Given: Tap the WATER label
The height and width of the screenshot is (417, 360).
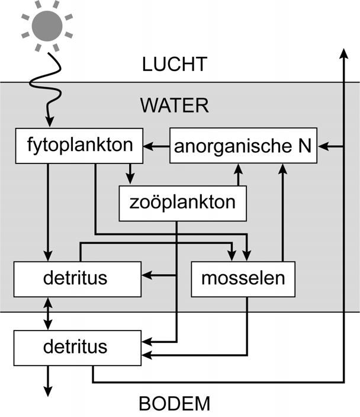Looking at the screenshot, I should pos(174,106).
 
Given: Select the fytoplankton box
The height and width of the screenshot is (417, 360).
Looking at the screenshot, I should pos(81,145).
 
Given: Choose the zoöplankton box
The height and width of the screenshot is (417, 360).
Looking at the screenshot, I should pos(182,202).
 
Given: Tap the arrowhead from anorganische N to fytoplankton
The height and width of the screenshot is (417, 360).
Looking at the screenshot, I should pos(149,145).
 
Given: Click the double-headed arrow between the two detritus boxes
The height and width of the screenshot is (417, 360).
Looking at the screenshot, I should pos(49,313).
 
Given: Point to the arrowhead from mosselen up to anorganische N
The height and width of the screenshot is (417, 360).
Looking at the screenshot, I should pos(283,169).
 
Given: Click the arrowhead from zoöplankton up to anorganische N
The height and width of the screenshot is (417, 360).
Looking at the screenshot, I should pos(239,169).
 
